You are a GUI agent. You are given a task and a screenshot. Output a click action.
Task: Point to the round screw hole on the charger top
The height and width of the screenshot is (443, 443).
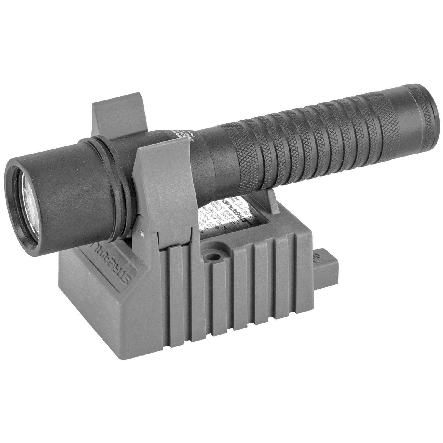[211, 257]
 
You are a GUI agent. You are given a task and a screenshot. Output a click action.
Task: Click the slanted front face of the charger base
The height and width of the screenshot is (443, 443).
[100, 284]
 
